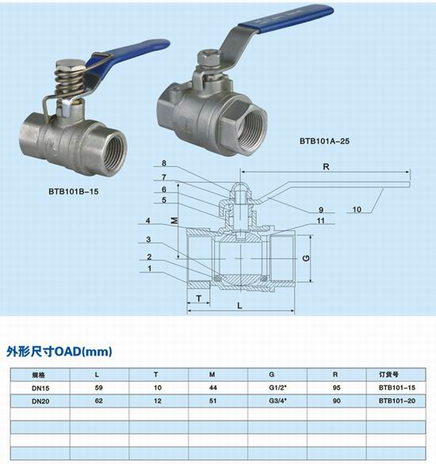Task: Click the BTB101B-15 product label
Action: pyautogui.click(x=74, y=192)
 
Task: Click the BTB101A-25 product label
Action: pyautogui.click(x=324, y=141)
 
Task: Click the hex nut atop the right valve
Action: pyautogui.click(x=208, y=58)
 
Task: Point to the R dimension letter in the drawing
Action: pyautogui.click(x=326, y=167)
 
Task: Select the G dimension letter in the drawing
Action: pyautogui.click(x=306, y=258)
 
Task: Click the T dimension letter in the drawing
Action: pyautogui.click(x=199, y=299)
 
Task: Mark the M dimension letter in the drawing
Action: pyautogui.click(x=174, y=220)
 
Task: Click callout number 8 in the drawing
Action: pyautogui.click(x=164, y=163)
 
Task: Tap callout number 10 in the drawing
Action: pyautogui.click(x=357, y=210)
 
